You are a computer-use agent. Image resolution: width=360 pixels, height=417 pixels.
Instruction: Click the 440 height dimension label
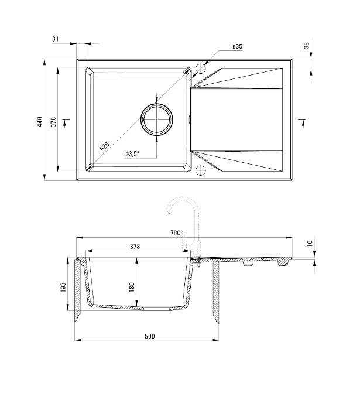(x=40, y=121)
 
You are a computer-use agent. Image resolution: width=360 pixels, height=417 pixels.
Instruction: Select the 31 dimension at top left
(x=55, y=39)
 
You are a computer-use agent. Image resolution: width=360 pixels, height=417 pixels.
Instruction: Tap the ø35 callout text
(x=238, y=46)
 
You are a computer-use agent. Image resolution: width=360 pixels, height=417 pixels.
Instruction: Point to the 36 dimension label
(x=307, y=45)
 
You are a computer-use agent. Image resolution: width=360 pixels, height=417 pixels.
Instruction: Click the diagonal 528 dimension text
(x=105, y=146)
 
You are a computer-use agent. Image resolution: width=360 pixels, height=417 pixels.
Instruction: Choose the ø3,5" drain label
(x=132, y=153)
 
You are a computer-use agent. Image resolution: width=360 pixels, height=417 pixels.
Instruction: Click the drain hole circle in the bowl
(x=157, y=119)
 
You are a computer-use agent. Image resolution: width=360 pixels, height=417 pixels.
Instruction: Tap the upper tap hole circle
(x=201, y=69)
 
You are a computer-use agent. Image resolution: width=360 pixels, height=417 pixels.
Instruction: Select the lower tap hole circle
(x=200, y=170)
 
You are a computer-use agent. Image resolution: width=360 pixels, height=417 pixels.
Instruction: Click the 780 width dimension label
(x=176, y=233)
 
